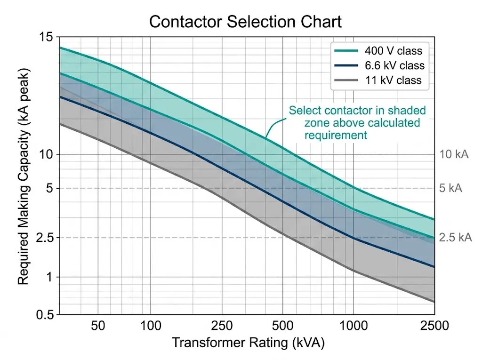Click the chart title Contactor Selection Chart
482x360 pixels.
[x=245, y=22]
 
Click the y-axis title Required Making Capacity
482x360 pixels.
[x=23, y=177]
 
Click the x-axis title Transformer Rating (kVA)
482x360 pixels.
[x=248, y=343]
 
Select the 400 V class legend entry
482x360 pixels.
[x=393, y=51]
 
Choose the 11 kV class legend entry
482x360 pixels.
[x=393, y=80]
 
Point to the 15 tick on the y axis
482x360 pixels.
[x=48, y=37]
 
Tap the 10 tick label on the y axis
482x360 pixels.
[x=48, y=154]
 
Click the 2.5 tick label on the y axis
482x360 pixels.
[x=45, y=238]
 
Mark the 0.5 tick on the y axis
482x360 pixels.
[x=45, y=315]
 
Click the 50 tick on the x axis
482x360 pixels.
[x=97, y=326]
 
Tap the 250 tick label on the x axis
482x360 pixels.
[x=222, y=326]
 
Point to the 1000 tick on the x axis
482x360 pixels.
[x=353, y=326]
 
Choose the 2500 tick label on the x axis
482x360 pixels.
[x=434, y=326]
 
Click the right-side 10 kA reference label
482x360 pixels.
[x=454, y=154]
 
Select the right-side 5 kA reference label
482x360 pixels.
[x=450, y=188]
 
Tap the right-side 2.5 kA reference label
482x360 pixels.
[x=455, y=238]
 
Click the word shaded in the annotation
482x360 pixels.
[x=409, y=111]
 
